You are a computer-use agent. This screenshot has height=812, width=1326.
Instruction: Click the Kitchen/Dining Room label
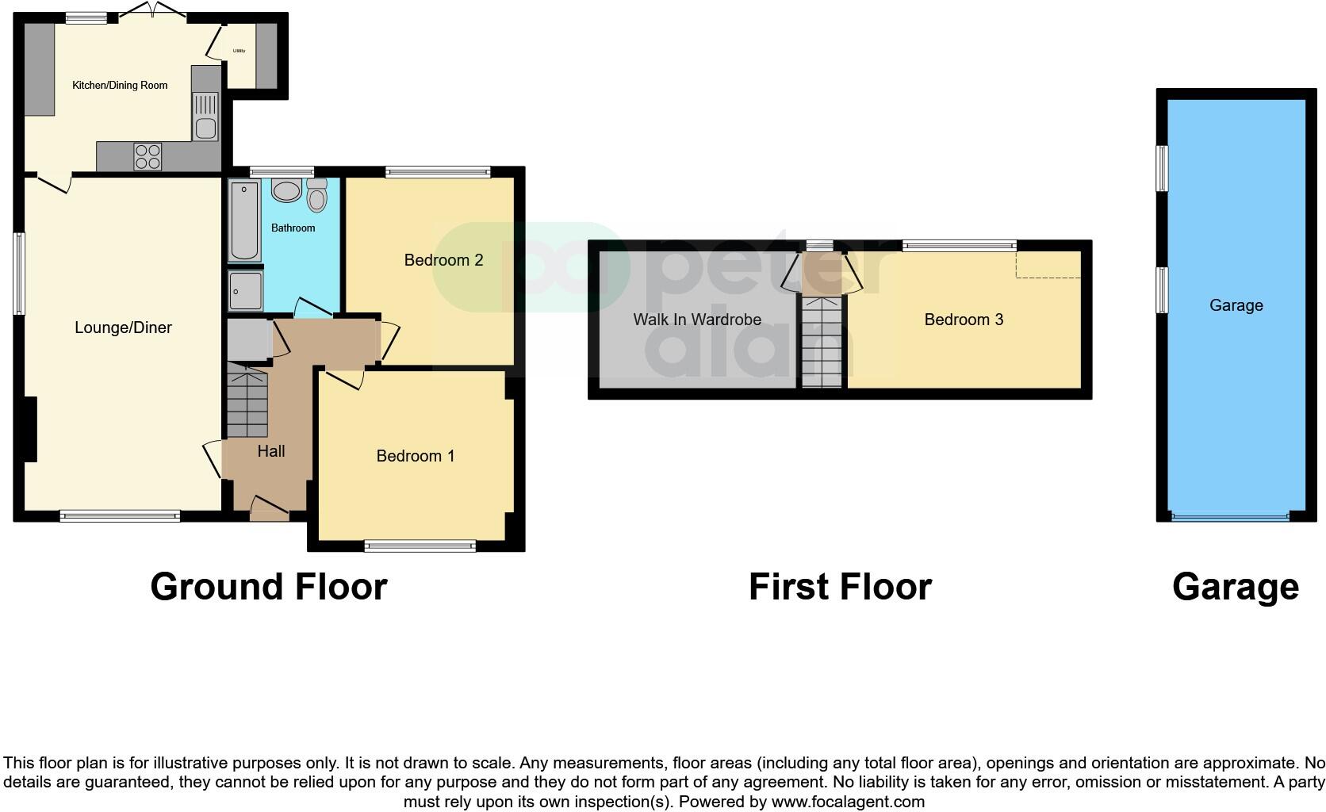(x=120, y=86)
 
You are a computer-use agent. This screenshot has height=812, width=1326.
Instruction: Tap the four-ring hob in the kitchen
(x=148, y=155)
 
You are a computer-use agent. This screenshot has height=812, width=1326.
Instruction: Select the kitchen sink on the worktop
(x=205, y=117)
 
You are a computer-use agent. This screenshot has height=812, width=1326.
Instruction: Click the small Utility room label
(x=239, y=51)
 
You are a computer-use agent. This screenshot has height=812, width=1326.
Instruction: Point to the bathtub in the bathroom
(x=243, y=220)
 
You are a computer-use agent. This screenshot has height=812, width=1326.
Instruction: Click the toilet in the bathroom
(x=316, y=195)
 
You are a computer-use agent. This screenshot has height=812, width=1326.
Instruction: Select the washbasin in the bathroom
(x=286, y=190)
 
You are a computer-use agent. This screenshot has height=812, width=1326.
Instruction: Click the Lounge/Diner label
(x=123, y=327)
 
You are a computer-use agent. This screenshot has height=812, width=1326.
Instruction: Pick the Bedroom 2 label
(x=443, y=260)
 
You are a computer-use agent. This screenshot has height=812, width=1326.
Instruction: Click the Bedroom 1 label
(x=415, y=456)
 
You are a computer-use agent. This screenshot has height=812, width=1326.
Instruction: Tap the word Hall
(x=271, y=451)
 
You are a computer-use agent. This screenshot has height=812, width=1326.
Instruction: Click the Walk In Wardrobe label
(x=696, y=320)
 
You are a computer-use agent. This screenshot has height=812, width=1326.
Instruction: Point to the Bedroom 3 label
(x=964, y=320)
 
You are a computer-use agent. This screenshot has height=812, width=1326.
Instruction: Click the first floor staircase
(x=821, y=343)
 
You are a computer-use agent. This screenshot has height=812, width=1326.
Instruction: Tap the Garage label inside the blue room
(x=1236, y=305)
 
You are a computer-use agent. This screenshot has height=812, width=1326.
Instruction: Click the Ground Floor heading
(x=268, y=587)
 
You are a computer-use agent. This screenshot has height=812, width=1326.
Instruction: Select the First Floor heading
(x=840, y=587)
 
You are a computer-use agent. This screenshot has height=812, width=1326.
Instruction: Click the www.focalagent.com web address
(x=848, y=802)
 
